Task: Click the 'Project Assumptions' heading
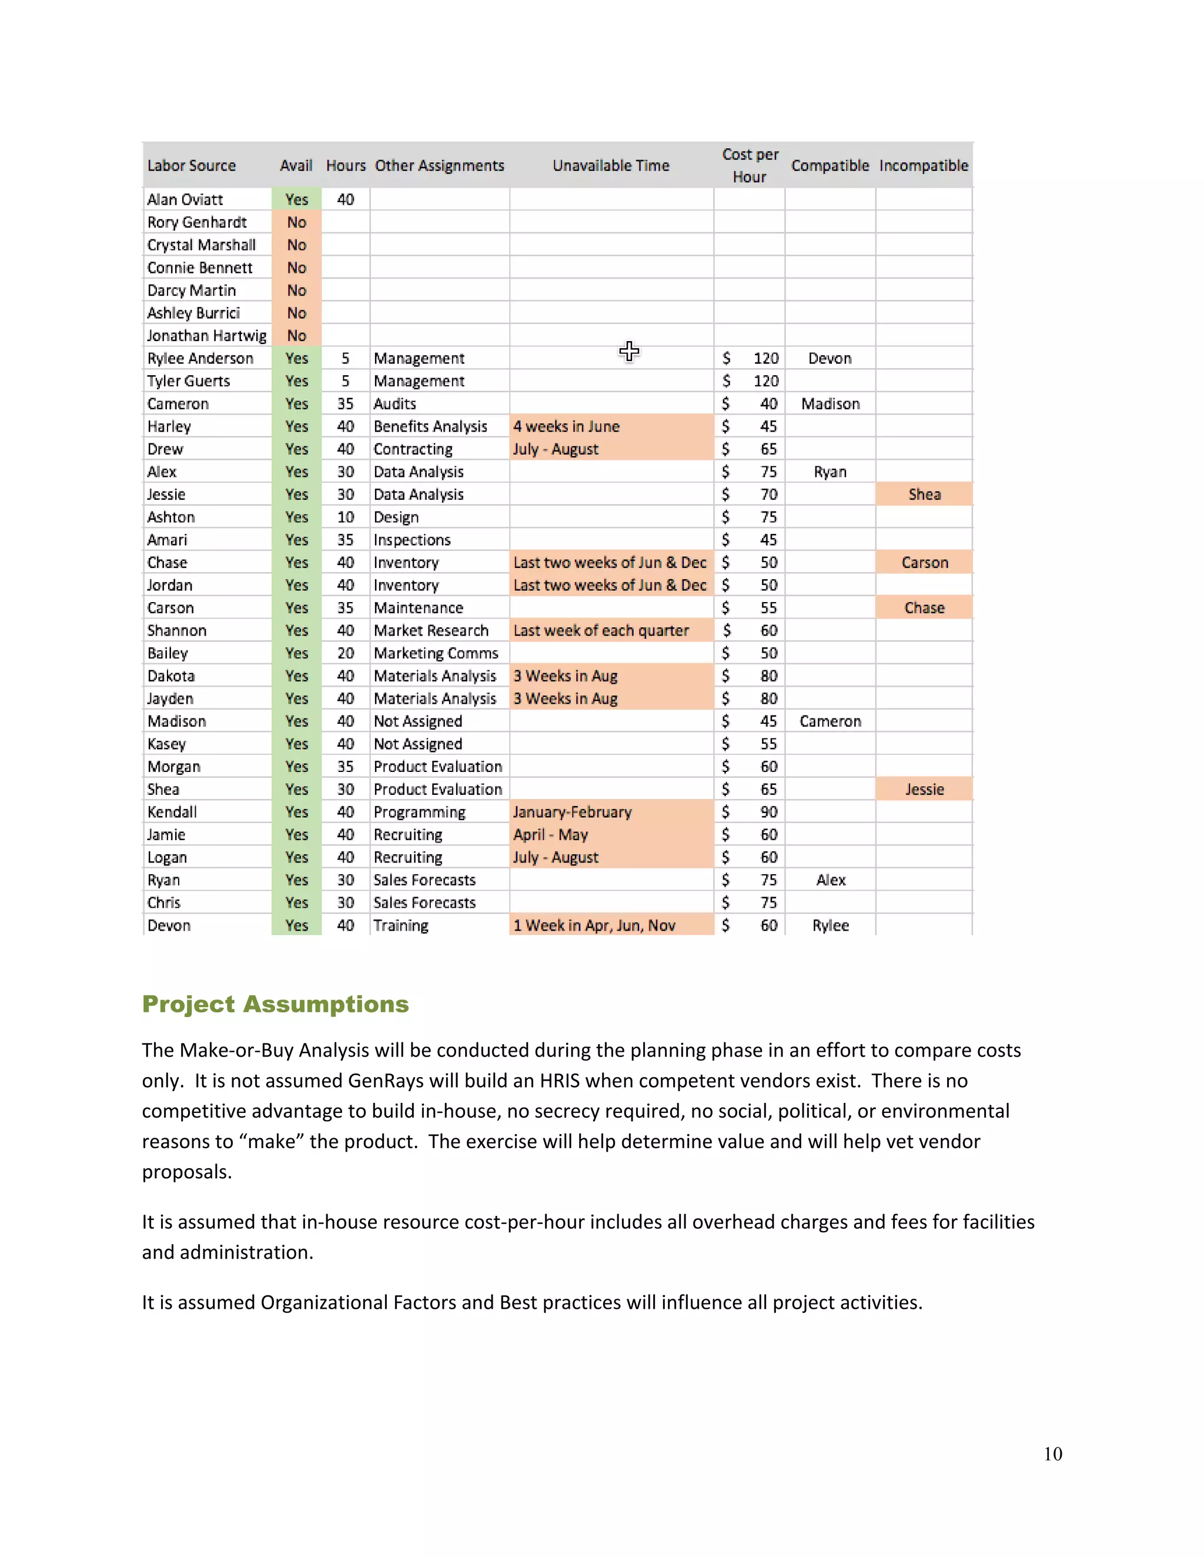coord(275,1004)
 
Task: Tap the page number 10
coord(1052,1453)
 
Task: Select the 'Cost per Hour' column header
coord(750,166)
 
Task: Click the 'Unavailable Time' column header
coord(611,166)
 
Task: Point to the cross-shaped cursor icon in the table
coord(629,351)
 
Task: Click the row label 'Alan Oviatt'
coord(185,200)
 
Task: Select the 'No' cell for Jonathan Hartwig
coord(297,336)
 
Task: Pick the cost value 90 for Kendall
coord(768,812)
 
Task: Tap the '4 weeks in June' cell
coord(566,427)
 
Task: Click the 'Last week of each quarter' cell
coord(601,631)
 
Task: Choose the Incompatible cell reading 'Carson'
coord(924,563)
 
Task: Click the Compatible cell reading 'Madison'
coord(830,404)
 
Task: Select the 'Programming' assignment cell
coord(419,812)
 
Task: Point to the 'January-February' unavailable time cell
coord(572,812)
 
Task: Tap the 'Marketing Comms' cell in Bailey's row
coord(436,653)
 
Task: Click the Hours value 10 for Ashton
coord(345,517)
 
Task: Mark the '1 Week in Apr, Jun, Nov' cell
coord(594,925)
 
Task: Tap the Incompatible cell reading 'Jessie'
coord(924,790)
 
